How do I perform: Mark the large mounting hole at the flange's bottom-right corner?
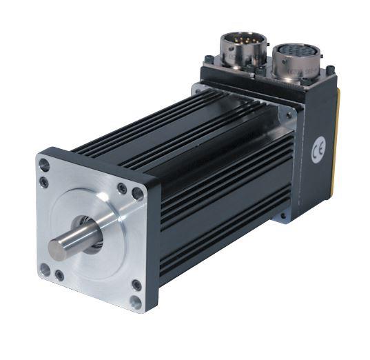[136, 301]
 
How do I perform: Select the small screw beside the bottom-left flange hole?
[60, 275]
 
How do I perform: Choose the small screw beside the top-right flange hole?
[122, 188]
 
